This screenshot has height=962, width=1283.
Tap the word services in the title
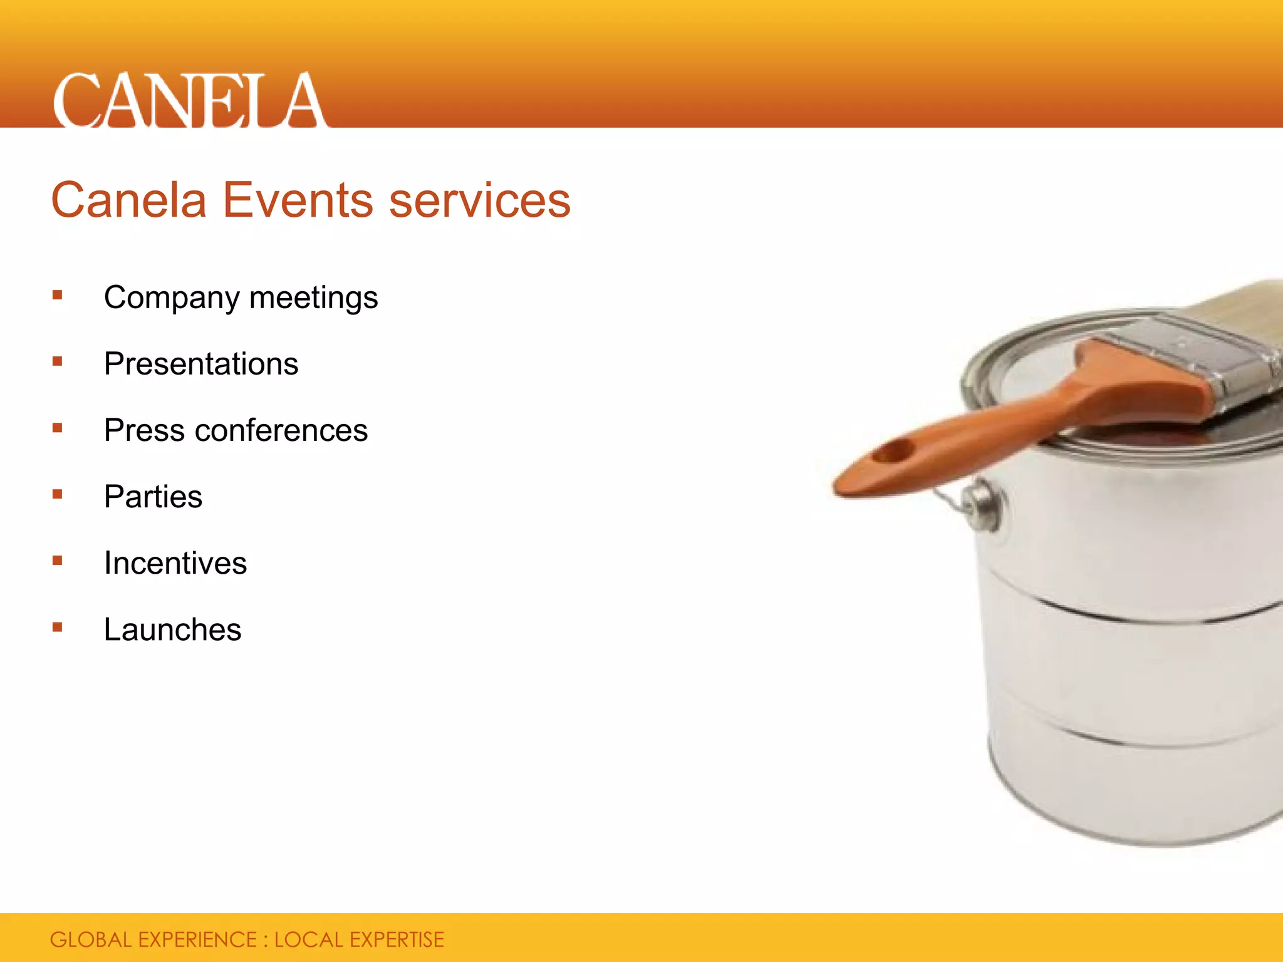coord(480,200)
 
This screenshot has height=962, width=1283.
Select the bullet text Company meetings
coord(241,298)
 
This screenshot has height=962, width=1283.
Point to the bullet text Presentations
coord(201,364)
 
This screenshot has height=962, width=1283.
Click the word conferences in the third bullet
coord(281,430)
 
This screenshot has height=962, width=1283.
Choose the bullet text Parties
coord(153,497)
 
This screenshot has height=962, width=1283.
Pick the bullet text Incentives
coord(175,563)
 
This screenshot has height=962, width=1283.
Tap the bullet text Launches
coord(172,629)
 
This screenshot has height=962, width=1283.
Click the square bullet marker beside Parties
coord(58,494)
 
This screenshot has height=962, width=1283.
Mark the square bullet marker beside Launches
coord(58,627)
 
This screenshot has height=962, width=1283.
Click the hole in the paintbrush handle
coord(893,452)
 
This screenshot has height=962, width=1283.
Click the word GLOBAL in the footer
coord(91,940)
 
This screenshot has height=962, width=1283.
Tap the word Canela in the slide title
coord(128,200)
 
